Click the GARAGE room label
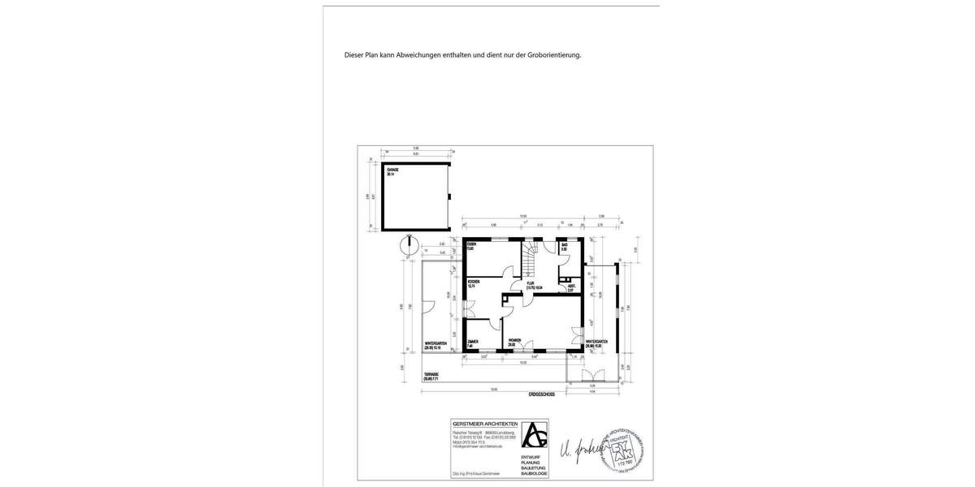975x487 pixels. point(391,170)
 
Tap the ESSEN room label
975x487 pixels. point(470,244)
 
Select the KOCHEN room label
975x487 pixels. point(474,282)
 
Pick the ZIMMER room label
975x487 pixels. point(472,341)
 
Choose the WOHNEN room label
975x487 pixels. point(514,341)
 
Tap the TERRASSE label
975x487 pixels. point(431,375)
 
